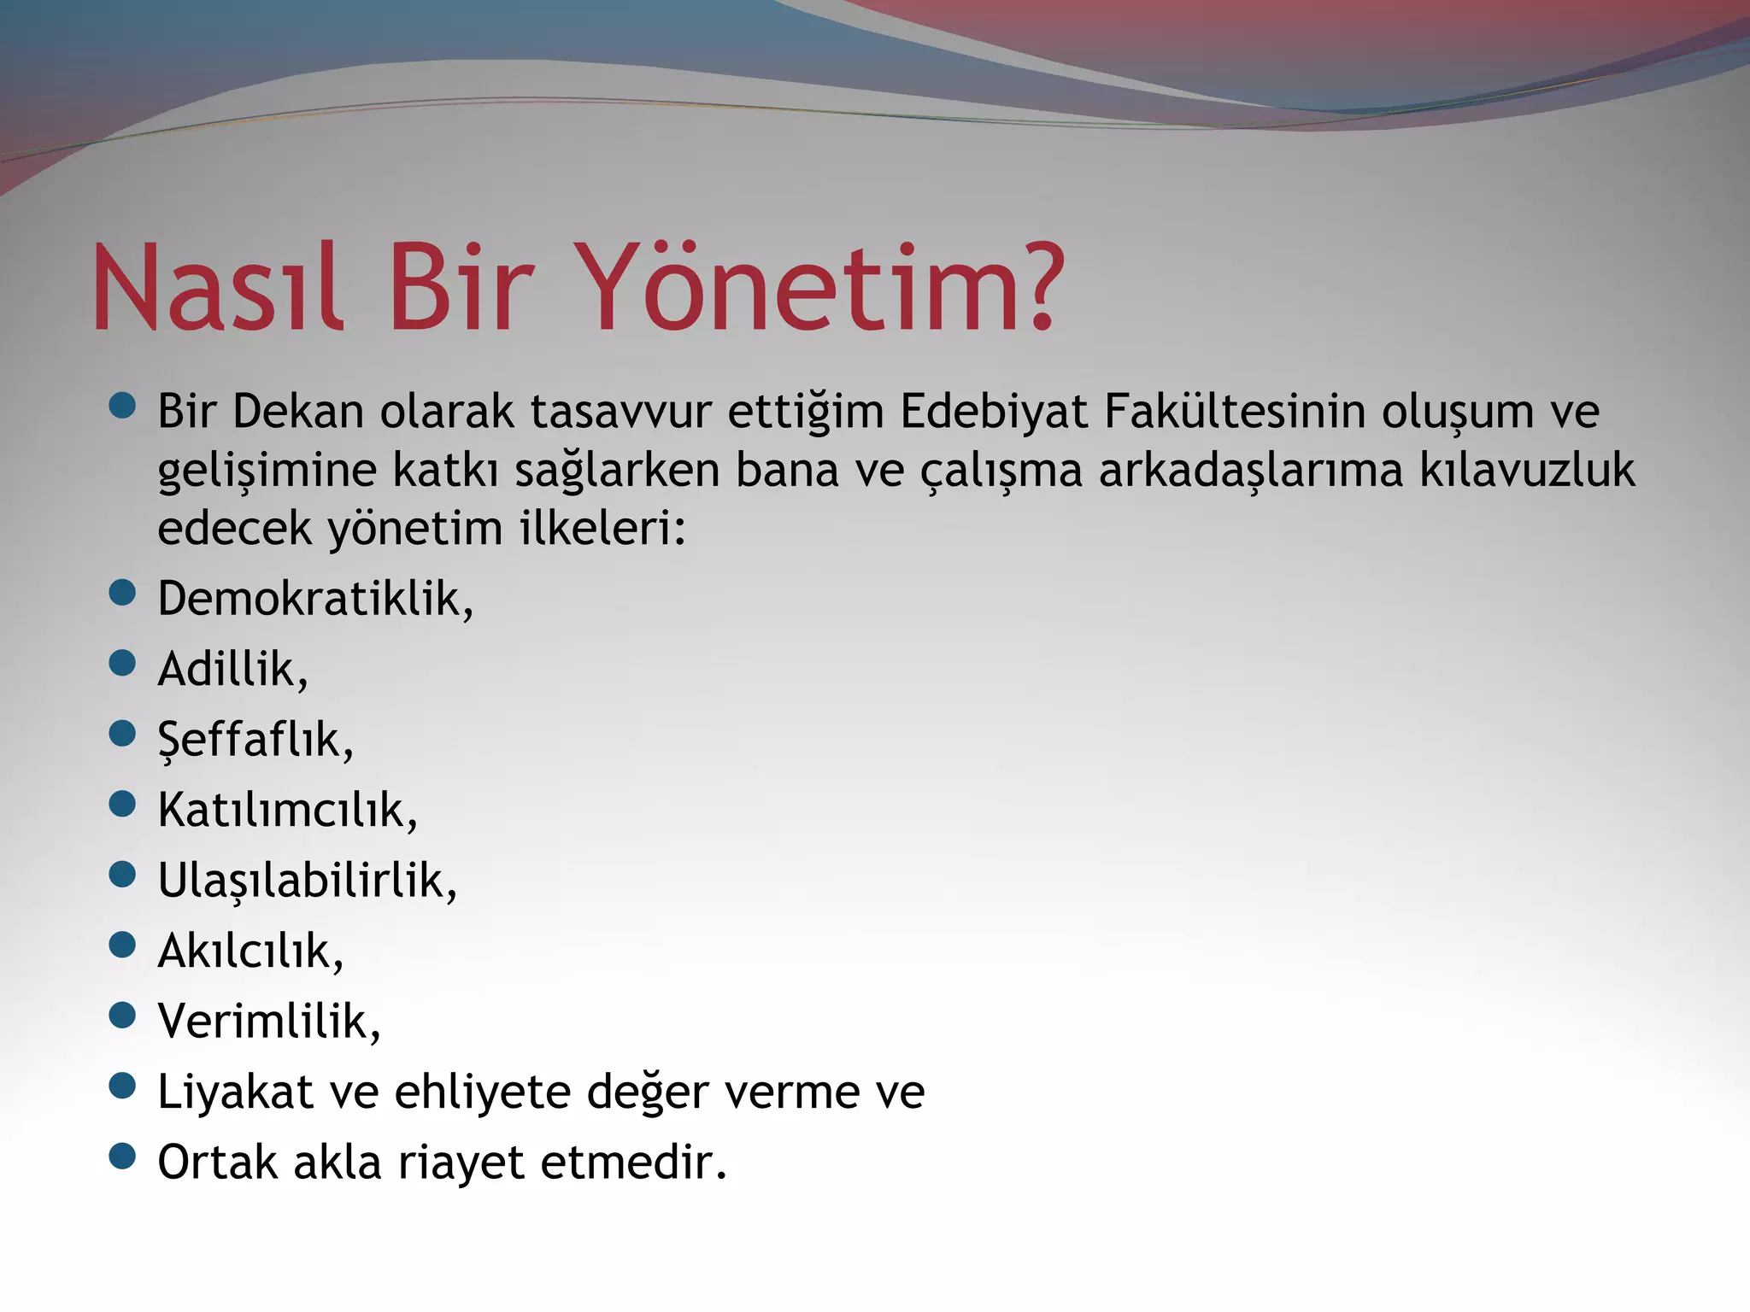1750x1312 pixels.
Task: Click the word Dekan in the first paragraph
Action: (298, 412)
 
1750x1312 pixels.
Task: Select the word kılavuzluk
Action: (1527, 471)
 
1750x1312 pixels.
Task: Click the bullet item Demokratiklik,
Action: (315, 598)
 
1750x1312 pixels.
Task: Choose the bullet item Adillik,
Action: (232, 669)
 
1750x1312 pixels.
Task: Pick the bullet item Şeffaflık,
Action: (255, 740)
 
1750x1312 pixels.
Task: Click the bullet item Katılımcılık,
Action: (287, 810)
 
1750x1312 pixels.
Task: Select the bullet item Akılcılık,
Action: (250, 951)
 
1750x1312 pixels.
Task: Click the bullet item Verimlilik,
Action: (268, 1021)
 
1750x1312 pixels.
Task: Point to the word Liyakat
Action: (235, 1092)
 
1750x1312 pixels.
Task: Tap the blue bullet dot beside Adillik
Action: (123, 663)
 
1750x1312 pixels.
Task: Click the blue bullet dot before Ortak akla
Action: (123, 1157)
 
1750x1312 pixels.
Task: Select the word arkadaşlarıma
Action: (1251, 471)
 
